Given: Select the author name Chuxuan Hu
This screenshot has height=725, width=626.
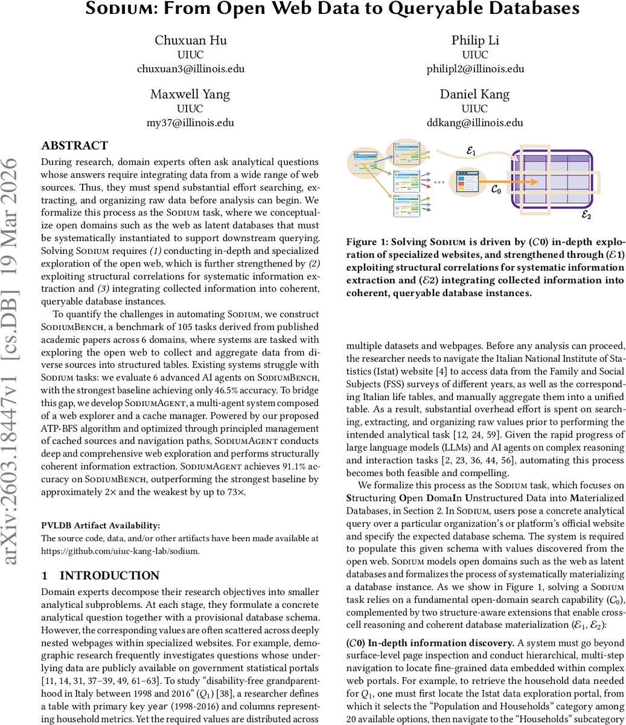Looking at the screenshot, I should (x=191, y=40).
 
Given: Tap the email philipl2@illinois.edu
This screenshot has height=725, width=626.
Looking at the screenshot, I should (x=475, y=69).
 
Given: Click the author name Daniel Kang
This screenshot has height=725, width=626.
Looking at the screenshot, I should (x=474, y=94).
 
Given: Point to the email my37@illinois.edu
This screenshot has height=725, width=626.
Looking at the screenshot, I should (x=191, y=123).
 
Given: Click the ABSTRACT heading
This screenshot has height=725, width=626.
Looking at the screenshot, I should (x=74, y=146).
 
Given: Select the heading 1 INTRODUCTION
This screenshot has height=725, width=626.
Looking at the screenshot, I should (x=100, y=575).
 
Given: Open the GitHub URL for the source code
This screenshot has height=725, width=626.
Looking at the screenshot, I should (x=120, y=550).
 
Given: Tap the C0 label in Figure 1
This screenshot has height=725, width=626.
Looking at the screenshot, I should (x=495, y=189).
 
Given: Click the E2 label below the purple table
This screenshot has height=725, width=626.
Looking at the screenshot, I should (x=586, y=214).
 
